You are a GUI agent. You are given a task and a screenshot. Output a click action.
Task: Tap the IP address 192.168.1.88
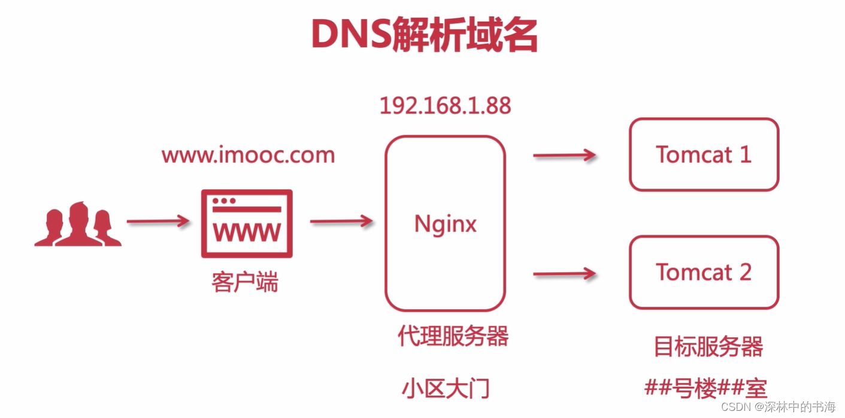[x=445, y=106]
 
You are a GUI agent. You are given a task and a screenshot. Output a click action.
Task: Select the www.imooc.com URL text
[x=248, y=155]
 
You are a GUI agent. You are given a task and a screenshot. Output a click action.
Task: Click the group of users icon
[x=78, y=224]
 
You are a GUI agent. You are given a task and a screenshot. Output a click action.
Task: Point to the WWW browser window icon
[x=247, y=224]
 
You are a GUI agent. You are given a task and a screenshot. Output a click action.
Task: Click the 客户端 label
[x=245, y=283]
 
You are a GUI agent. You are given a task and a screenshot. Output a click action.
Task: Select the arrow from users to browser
[x=158, y=222]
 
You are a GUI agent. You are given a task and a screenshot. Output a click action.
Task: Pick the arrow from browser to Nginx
[x=341, y=222]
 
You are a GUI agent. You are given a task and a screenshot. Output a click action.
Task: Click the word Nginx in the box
[x=445, y=224]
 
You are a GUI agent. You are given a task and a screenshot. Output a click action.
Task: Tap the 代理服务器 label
[x=453, y=336]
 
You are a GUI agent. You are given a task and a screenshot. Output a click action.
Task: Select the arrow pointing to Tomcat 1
[x=564, y=156]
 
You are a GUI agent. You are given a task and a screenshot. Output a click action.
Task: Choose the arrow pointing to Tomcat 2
[x=564, y=274]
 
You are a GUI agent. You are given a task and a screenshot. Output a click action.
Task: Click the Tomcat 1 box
[x=704, y=154]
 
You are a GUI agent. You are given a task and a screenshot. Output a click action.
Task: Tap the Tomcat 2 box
[x=704, y=272]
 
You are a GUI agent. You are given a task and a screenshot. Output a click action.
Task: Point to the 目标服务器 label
[x=708, y=346]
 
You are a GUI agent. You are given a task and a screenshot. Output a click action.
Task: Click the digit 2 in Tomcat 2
[x=744, y=273]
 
